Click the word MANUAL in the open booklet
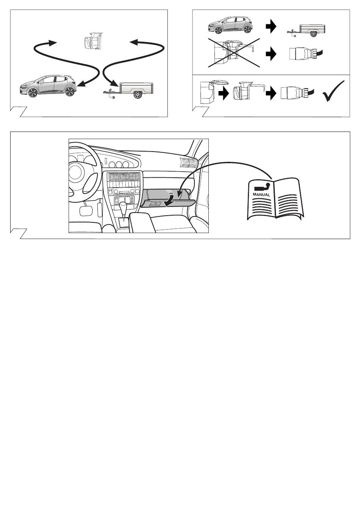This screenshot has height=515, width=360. (261, 194)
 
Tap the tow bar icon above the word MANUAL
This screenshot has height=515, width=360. (262, 187)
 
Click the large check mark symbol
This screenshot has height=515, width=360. (333, 91)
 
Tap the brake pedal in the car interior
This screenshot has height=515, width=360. (86, 211)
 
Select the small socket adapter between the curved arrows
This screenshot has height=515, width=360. (93, 41)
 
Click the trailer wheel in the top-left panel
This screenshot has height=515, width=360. (137, 94)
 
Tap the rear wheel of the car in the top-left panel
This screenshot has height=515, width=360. (69, 91)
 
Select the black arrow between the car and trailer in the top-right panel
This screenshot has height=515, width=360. (271, 27)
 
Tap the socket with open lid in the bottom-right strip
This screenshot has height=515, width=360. (214, 91)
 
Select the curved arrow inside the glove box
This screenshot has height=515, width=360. (171, 198)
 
